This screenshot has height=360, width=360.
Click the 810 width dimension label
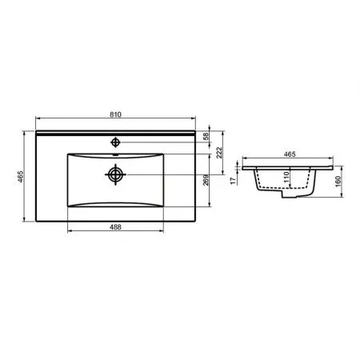click(115, 114)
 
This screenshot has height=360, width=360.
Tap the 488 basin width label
click(115, 227)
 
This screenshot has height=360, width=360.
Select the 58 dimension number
click(206, 136)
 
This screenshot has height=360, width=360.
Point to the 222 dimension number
click(219, 153)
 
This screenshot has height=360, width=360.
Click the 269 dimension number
click(206, 180)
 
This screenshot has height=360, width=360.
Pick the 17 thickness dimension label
click(234, 181)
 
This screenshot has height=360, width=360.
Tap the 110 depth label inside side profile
click(286, 177)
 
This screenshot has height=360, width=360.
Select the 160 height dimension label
click(338, 182)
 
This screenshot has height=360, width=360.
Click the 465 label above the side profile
click(290, 154)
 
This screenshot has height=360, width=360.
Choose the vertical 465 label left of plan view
click(20, 176)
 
